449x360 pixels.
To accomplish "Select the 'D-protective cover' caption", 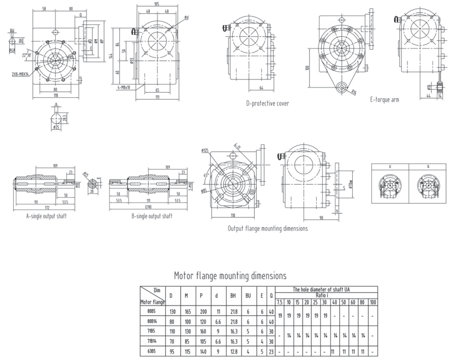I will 267,103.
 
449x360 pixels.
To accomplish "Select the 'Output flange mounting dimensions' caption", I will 268,229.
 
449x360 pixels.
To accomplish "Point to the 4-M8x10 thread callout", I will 122,87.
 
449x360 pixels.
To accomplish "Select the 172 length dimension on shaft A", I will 46,208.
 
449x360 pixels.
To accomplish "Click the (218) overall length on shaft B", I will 148,208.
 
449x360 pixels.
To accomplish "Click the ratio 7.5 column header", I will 279,302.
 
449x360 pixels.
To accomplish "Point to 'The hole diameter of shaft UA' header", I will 326,289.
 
